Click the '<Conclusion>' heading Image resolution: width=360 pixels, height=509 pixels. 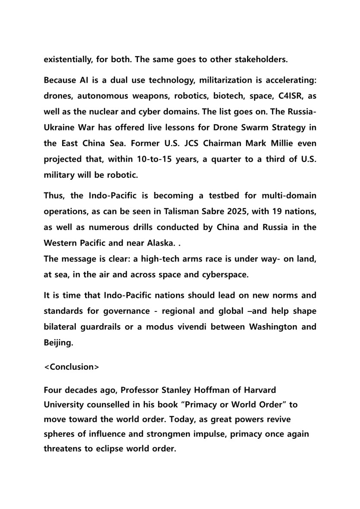point(72,367)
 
